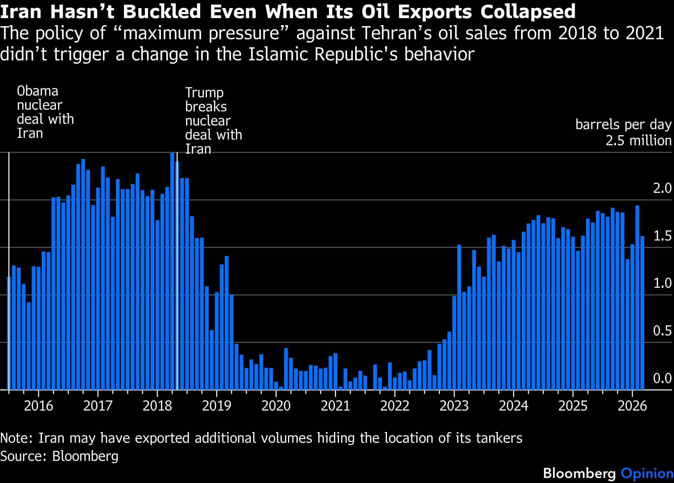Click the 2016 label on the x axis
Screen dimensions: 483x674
coord(39,406)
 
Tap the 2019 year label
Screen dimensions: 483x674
coord(217,406)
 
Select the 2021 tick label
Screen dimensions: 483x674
coord(335,406)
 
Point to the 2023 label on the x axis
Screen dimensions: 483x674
coord(454,406)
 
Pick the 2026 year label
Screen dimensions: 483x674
coord(632,406)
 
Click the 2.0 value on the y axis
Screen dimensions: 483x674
coord(662,189)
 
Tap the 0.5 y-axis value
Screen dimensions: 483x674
coord(662,331)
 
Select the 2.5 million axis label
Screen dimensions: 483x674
coord(638,141)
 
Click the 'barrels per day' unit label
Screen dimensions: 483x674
coord(623,124)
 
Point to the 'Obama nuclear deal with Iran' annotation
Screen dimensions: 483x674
coord(45,112)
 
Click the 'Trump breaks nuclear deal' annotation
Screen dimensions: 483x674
coord(213,120)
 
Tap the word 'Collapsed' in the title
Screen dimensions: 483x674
coord(528,12)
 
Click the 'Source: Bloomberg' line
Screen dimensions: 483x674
coord(59,456)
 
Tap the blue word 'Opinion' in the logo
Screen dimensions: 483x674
coord(647,473)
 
